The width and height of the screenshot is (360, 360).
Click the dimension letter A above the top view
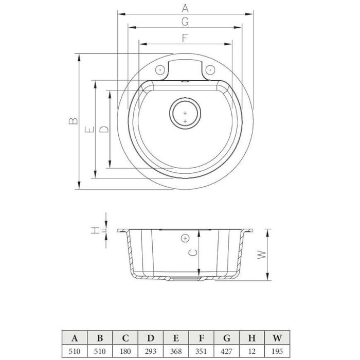185,8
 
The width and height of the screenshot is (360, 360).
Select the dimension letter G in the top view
185,22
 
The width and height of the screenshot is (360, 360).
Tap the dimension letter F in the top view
185,38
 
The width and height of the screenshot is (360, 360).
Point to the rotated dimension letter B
73,121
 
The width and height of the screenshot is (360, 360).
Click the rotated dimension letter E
89,130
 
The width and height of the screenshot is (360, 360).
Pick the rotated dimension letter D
104,129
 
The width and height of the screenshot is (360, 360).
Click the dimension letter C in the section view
192,253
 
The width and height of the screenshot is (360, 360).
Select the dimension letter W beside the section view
261,255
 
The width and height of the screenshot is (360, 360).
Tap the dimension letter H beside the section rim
95,230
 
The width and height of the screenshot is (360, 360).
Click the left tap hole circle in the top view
160,70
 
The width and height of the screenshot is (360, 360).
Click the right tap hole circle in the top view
210,70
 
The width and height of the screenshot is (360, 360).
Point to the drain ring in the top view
185,113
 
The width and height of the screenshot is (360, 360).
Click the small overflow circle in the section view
185,238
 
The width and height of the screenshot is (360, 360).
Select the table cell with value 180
125,351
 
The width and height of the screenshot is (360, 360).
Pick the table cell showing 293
151,351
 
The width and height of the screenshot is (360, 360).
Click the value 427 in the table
226,351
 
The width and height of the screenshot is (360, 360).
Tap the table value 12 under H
252,351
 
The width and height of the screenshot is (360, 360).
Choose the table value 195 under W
277,351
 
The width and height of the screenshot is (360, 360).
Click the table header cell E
176,338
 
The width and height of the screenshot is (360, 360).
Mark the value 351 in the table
201,351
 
